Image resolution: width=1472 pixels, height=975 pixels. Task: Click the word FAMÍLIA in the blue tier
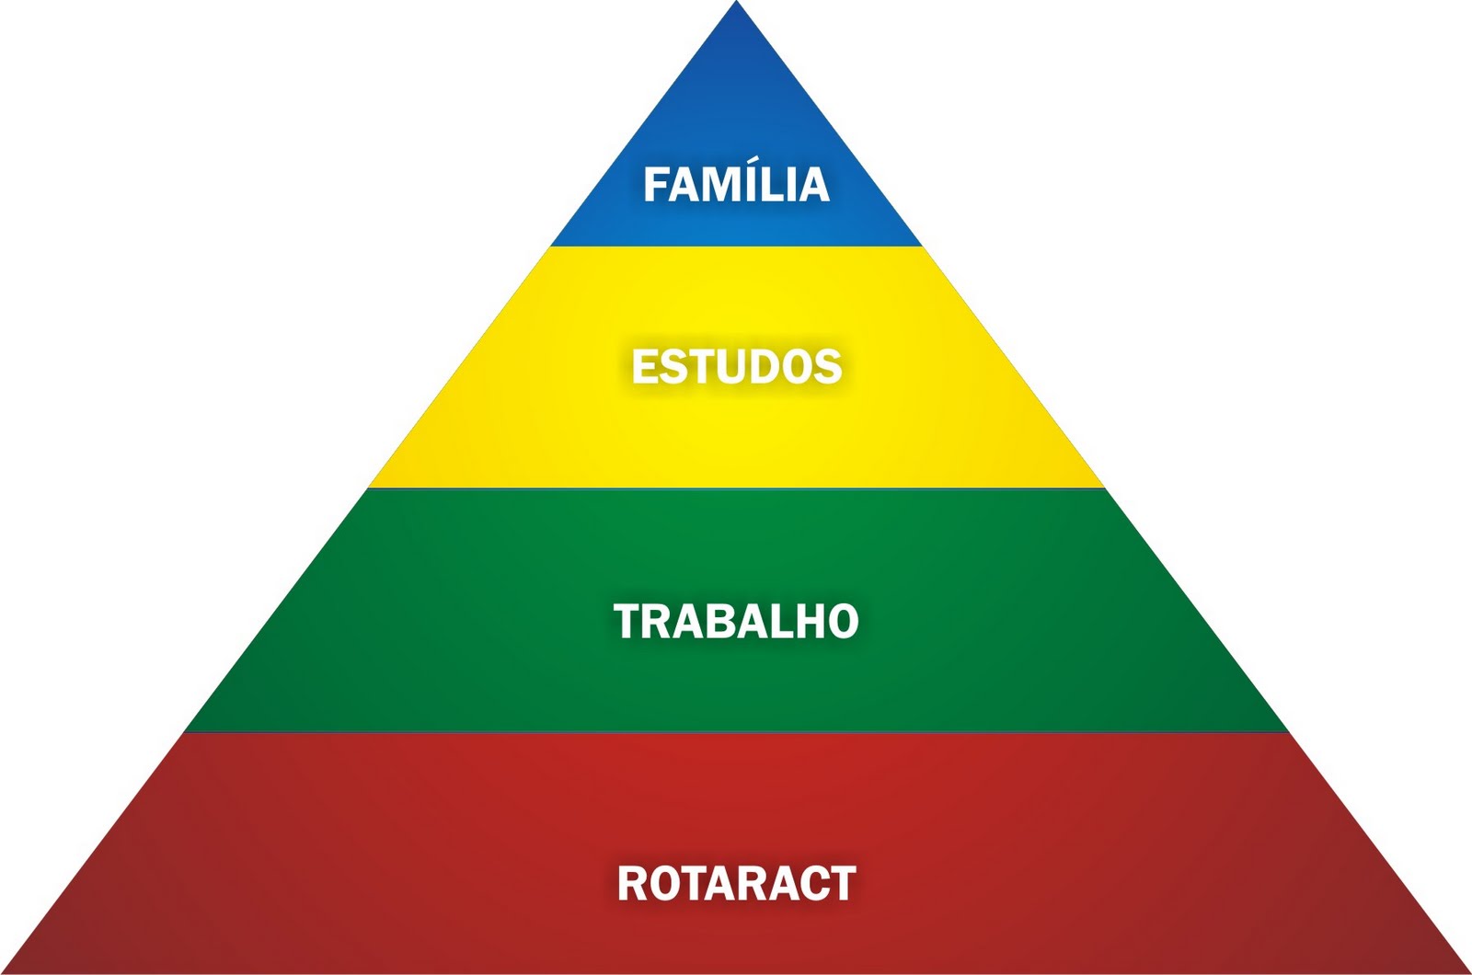coord(736,185)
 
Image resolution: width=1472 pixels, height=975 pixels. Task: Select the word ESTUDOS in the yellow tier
coord(736,366)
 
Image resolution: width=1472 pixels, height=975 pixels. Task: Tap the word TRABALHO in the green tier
coord(736,621)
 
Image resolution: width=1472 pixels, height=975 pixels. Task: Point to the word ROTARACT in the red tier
coord(736,883)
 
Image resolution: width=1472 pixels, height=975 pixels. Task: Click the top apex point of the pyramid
coord(736,4)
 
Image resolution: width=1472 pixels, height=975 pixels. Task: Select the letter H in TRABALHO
coord(811,621)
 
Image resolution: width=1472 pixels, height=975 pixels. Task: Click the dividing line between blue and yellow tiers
coord(736,247)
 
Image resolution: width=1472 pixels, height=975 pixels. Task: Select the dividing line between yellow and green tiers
coord(736,488)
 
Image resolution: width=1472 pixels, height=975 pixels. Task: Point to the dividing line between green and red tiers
coord(736,732)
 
